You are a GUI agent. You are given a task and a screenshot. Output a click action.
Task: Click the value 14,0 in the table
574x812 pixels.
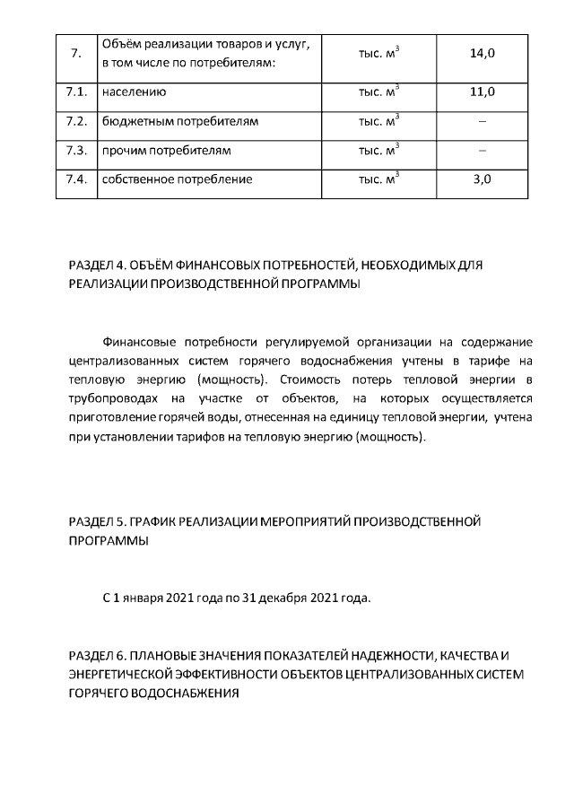(x=483, y=54)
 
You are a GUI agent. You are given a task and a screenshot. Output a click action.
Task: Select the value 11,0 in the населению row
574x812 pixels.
(x=483, y=92)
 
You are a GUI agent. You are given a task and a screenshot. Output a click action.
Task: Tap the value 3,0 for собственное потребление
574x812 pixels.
(x=483, y=179)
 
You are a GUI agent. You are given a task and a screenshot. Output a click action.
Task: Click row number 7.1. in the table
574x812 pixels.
(x=76, y=92)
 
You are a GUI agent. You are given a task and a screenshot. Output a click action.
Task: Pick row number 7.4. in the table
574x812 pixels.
(x=76, y=179)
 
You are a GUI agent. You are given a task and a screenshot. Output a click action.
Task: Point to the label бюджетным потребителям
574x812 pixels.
(x=180, y=121)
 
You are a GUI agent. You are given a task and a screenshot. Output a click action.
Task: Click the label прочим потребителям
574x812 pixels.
(x=167, y=150)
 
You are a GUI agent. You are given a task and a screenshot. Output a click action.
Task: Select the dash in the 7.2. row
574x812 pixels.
(x=483, y=121)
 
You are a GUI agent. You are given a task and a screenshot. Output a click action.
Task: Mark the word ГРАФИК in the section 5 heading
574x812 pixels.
(x=156, y=521)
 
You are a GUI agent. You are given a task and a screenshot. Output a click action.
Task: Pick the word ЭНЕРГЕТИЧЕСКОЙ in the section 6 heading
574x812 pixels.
(x=126, y=675)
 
